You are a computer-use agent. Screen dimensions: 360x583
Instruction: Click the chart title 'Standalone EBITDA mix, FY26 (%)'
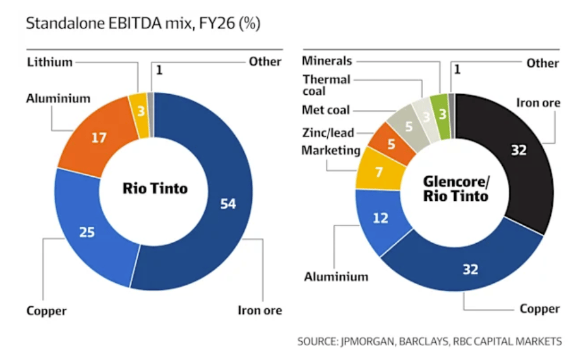click(x=142, y=24)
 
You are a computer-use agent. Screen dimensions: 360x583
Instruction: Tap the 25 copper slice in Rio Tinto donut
click(x=88, y=232)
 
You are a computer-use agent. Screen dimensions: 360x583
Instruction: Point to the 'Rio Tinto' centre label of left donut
click(x=155, y=188)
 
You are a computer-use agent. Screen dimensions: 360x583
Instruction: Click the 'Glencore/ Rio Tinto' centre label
click(x=455, y=188)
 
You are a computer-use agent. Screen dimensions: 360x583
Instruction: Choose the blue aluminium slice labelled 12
click(x=382, y=219)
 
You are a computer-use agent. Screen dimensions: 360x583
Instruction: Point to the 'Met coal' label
click(x=325, y=111)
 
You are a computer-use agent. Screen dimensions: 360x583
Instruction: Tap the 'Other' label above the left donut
click(x=265, y=61)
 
